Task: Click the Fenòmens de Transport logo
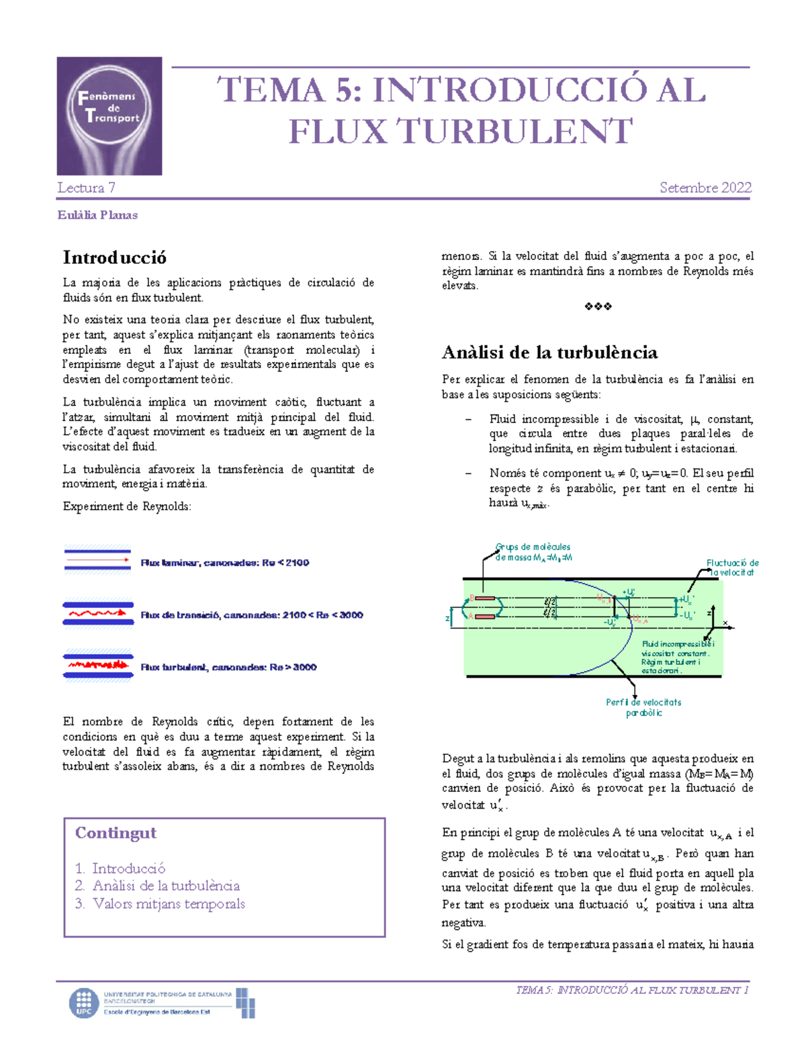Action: coord(109,116)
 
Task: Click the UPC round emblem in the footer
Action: coord(84,1003)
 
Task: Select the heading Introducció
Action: coord(114,258)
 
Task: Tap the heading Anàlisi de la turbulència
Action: coord(549,353)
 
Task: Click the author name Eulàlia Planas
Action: coord(97,216)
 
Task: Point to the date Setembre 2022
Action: coord(705,188)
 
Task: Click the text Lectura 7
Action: coord(86,188)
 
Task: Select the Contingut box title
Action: coord(116,833)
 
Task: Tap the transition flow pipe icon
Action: coord(98,613)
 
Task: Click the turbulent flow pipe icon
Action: coord(98,666)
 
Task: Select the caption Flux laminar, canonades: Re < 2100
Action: coord(224,563)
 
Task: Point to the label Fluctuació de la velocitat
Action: coord(731,568)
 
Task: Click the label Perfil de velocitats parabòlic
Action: coord(643,707)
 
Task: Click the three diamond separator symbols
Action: coord(598,307)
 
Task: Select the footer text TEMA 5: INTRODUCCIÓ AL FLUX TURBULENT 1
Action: coord(631,990)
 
